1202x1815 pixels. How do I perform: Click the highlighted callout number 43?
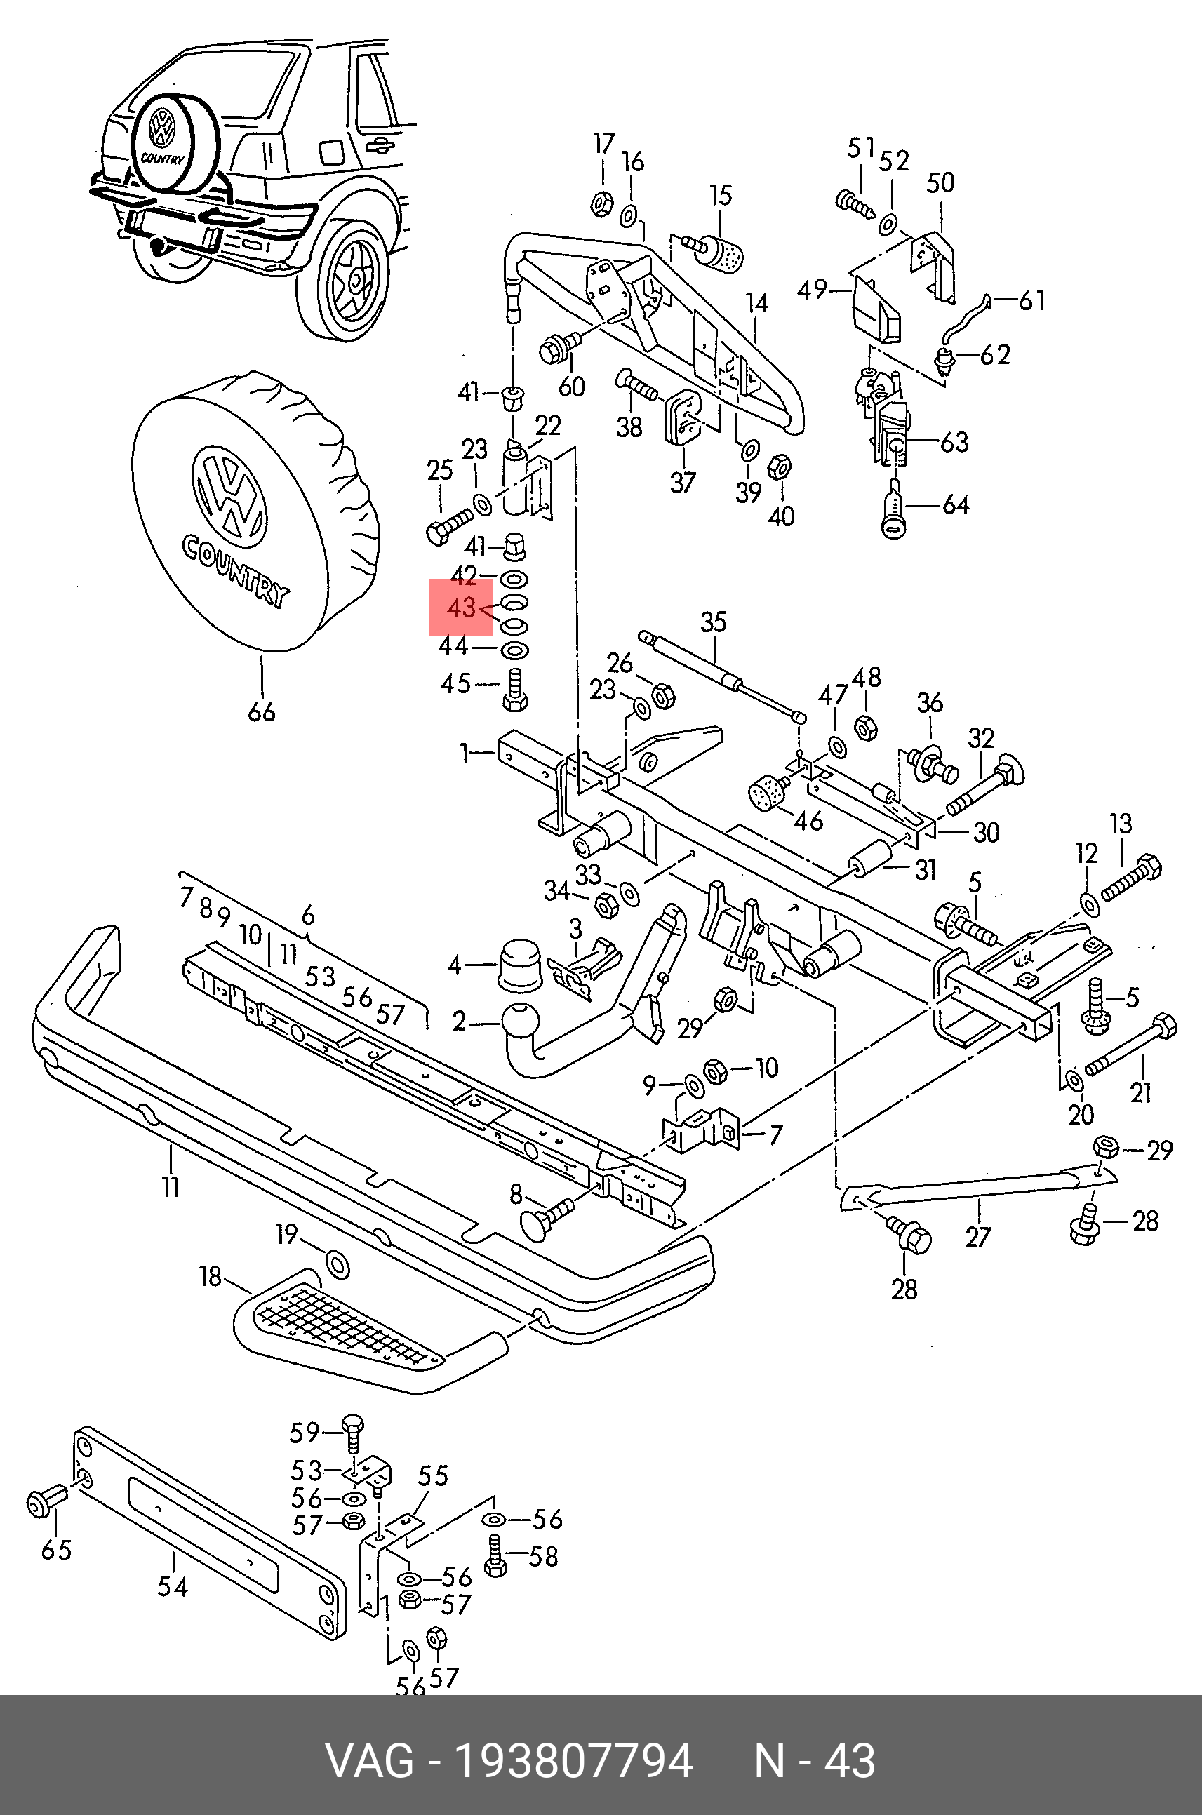coord(462,608)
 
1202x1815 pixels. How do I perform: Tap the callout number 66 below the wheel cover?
coord(262,712)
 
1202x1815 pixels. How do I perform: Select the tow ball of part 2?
coord(523,1021)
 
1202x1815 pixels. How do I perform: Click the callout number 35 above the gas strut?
coord(713,622)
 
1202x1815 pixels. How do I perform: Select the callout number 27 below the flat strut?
coord(978,1236)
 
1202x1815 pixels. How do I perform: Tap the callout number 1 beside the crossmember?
coord(465,754)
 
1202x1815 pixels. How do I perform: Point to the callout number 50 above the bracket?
coord(940,182)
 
